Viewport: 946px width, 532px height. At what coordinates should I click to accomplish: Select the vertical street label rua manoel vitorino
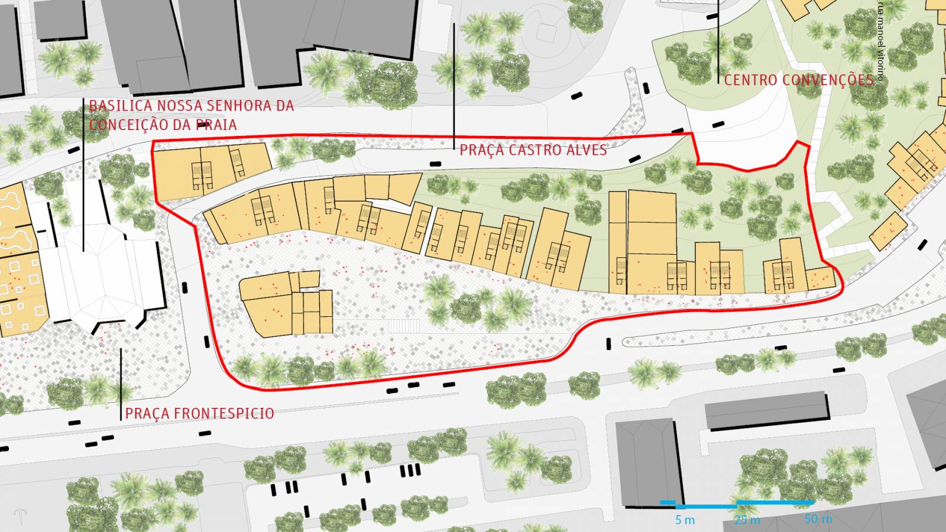point(880,41)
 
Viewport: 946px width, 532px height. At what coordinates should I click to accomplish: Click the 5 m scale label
point(685,520)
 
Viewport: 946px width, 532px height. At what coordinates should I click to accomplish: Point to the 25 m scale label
point(747,520)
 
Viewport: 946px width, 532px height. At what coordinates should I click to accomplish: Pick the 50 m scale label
point(818,519)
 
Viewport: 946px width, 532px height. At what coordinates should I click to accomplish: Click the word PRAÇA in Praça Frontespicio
point(141,413)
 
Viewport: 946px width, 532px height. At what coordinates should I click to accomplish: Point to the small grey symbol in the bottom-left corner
point(21,515)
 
